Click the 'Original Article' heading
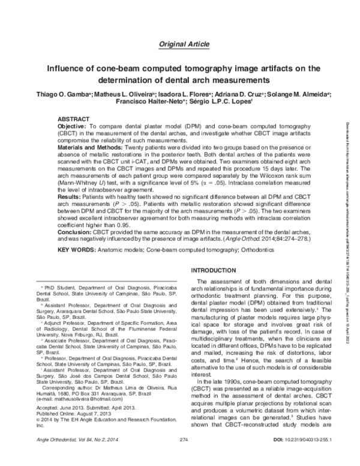184,44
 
